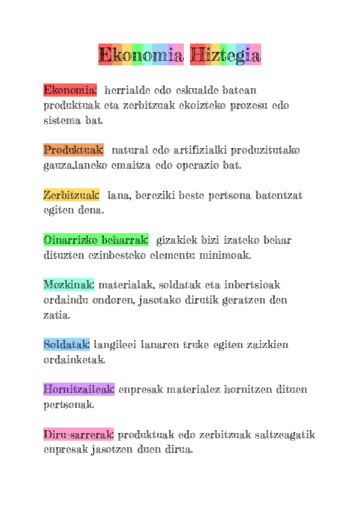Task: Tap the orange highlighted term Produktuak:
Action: (x=74, y=149)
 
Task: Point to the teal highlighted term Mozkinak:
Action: (x=69, y=284)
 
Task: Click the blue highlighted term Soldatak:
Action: (x=67, y=345)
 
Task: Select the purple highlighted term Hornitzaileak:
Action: (x=79, y=389)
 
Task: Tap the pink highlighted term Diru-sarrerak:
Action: (x=79, y=434)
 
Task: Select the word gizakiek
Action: (x=178, y=240)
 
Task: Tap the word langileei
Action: (x=116, y=345)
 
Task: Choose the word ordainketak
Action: (x=74, y=360)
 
